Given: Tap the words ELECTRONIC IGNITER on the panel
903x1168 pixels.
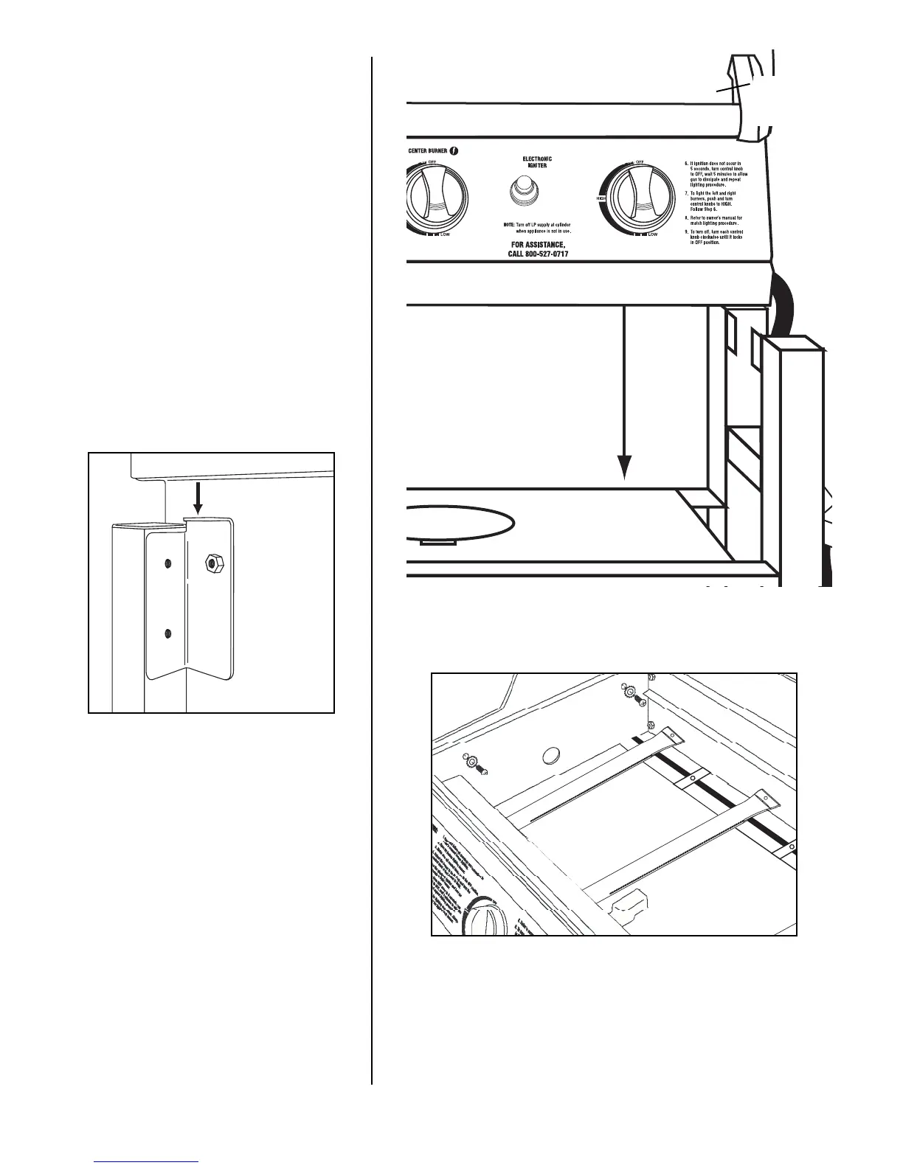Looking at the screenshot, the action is pyautogui.click(x=537, y=162).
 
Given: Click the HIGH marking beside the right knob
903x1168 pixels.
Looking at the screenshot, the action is pyautogui.click(x=601, y=199).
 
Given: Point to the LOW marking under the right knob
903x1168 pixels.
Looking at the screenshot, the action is pyautogui.click(x=652, y=235).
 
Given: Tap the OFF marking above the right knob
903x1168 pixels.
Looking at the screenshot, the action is pyautogui.click(x=640, y=161).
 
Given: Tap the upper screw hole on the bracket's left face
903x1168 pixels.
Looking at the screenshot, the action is pyautogui.click(x=168, y=563).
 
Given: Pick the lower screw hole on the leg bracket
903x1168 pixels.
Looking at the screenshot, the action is pyautogui.click(x=168, y=632).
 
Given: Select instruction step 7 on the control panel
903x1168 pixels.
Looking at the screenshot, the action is pyautogui.click(x=716, y=201).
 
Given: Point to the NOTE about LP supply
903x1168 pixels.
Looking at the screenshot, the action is pyautogui.click(x=537, y=227).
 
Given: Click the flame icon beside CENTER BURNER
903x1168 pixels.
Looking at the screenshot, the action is pyautogui.click(x=454, y=151).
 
